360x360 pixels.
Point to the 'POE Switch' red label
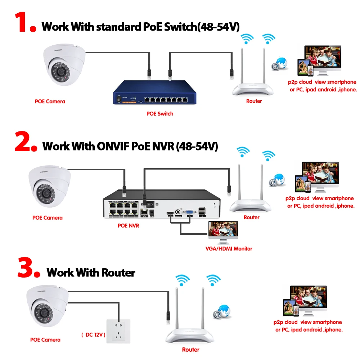point(159,114)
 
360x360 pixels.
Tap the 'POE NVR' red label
point(128,226)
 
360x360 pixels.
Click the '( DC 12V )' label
point(93,335)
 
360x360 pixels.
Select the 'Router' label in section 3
point(190,350)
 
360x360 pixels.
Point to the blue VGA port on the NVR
point(189,213)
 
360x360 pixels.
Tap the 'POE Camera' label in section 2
point(47,217)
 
